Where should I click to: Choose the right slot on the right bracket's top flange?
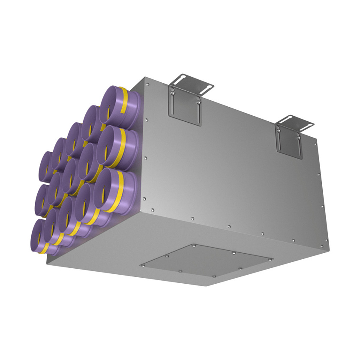point(308,124)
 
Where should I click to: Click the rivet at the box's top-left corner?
point(146,79)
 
